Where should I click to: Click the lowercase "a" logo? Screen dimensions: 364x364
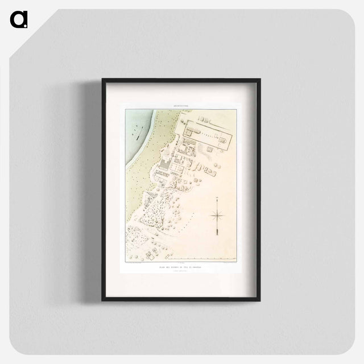click(x=19, y=19)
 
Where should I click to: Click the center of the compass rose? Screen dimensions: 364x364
click(x=217, y=215)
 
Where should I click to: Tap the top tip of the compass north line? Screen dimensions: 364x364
click(x=217, y=197)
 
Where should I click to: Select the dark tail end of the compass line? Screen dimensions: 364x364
click(x=217, y=234)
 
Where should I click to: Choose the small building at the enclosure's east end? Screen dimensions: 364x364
click(x=227, y=136)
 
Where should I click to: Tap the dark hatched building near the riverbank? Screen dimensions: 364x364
click(x=163, y=167)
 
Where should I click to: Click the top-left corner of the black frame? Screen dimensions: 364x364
click(x=103, y=79)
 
